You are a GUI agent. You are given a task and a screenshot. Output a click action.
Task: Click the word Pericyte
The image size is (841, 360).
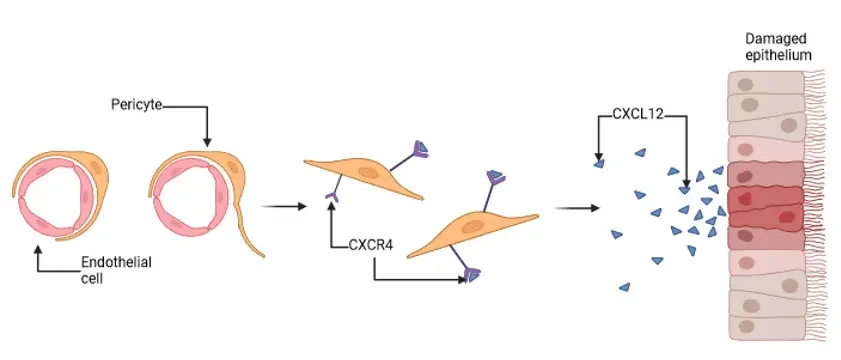(137, 104)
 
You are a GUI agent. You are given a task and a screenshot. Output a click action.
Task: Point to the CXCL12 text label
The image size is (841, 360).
(640, 117)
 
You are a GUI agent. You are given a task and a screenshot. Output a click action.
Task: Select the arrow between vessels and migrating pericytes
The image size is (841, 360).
(282, 208)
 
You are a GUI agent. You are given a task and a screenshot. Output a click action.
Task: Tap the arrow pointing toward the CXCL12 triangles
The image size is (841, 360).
(575, 208)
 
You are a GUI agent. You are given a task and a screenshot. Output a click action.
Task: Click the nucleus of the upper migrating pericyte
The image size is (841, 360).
(370, 174)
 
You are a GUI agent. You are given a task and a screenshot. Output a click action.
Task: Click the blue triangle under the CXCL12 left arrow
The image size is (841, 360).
(598, 163)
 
